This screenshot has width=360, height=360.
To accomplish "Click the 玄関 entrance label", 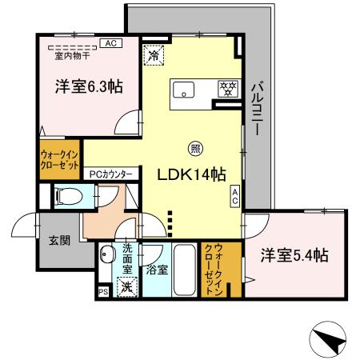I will [57, 240].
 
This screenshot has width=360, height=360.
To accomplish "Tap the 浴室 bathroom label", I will [157, 270].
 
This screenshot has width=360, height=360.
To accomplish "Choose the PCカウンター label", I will [110, 172].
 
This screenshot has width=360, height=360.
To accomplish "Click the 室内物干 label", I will [74, 55].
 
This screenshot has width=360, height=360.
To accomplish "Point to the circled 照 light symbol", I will [195, 147].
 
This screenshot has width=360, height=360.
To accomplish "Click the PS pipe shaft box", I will [102, 294].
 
